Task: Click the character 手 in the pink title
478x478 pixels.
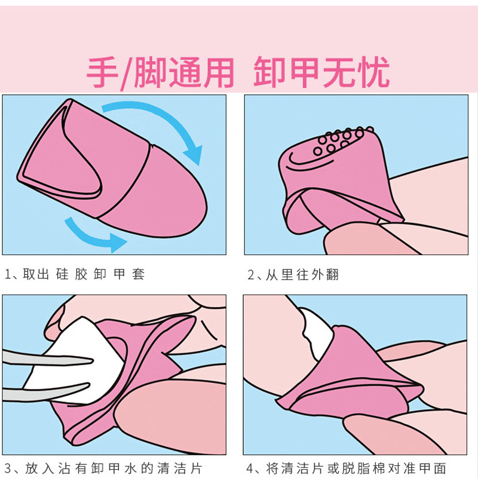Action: click(x=102, y=72)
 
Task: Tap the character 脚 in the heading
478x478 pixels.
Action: click(x=150, y=72)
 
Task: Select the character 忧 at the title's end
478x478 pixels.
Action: click(x=373, y=72)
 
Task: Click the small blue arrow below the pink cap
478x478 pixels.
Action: click(x=91, y=236)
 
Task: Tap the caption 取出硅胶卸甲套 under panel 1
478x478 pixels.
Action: click(x=83, y=274)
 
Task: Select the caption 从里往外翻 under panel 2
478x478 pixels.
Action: click(x=302, y=275)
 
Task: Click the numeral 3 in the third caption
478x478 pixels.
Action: click(x=8, y=468)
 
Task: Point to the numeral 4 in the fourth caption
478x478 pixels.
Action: click(x=250, y=468)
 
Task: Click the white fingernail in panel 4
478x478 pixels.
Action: click(x=317, y=332)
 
